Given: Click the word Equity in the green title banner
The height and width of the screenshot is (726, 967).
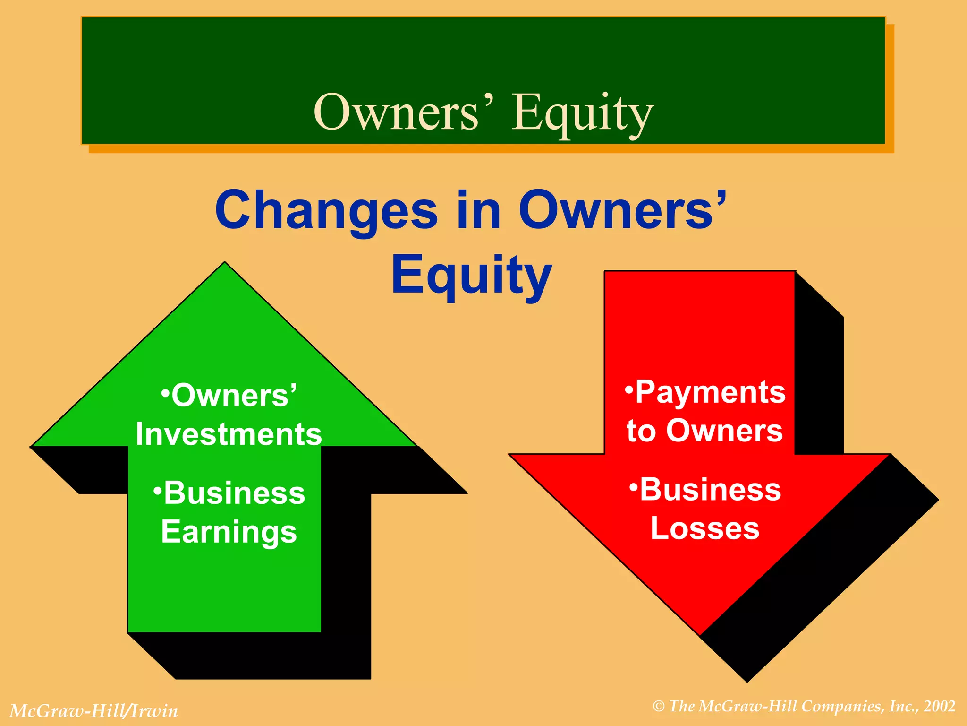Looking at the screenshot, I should click(x=583, y=113).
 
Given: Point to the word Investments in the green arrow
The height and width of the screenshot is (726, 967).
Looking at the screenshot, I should click(x=229, y=434).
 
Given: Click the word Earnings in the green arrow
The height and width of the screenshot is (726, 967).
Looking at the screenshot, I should click(x=229, y=532).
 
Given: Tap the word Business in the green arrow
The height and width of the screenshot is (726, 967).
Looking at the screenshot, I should click(x=234, y=493).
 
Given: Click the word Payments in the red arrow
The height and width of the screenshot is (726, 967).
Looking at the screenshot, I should click(x=710, y=392).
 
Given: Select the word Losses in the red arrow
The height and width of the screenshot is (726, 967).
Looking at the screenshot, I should click(x=704, y=528).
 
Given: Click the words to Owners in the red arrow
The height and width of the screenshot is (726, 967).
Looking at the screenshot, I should click(x=704, y=431).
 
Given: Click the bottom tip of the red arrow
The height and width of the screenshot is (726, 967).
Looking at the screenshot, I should click(x=701, y=633).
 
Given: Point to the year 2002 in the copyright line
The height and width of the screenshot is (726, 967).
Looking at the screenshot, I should click(x=940, y=706).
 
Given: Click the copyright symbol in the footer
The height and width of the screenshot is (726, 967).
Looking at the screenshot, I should click(x=659, y=707).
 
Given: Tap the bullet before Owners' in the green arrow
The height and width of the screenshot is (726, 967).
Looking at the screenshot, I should click(x=165, y=393).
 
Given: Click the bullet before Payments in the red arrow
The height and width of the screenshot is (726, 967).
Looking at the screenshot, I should click(x=628, y=389).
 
